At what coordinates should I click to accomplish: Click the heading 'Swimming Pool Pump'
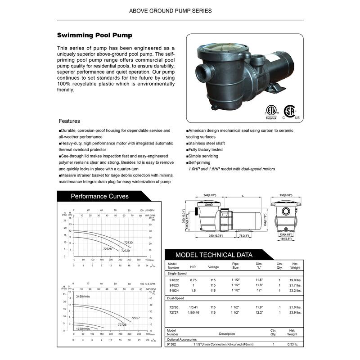(x=94, y=35)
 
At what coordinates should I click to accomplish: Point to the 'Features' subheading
(x=69, y=121)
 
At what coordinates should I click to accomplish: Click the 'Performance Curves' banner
(x=99, y=196)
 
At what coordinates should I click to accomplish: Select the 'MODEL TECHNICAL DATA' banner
(x=214, y=255)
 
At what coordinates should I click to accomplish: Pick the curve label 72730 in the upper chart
(x=129, y=243)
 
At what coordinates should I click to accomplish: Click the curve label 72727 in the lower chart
(x=135, y=318)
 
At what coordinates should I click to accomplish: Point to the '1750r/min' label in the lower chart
(x=83, y=329)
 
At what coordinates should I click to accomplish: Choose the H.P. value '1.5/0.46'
(x=193, y=312)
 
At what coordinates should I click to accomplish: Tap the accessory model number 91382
(x=171, y=344)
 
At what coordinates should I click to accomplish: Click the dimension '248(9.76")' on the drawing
(x=210, y=195)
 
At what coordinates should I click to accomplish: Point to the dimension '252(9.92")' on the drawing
(x=286, y=195)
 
